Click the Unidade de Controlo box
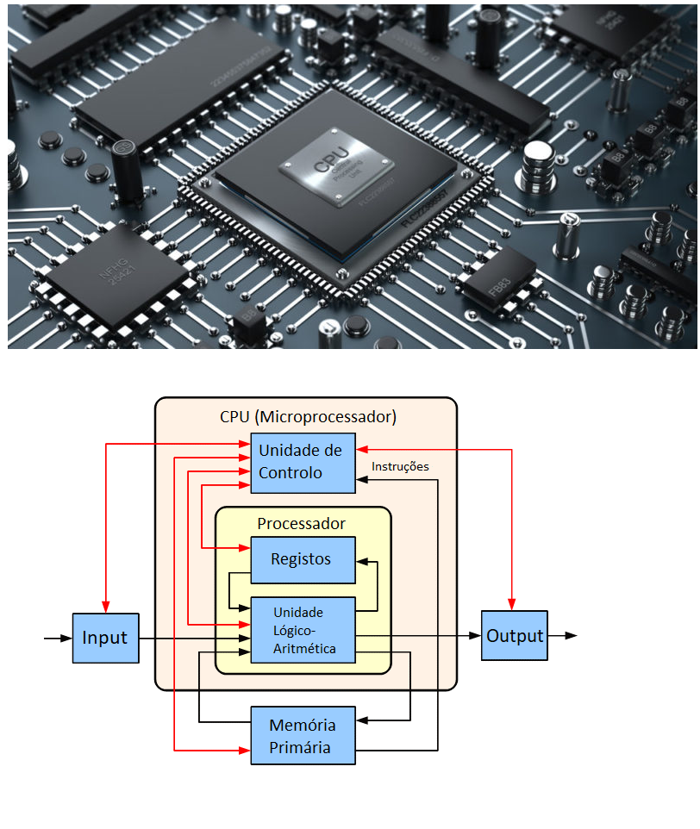coord(302,462)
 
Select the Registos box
coord(302,559)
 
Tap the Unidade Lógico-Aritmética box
coord(302,630)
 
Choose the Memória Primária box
coord(302,735)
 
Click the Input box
coord(105,639)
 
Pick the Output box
coord(514,636)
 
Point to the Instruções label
coord(400,467)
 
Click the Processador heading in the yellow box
coord(302,523)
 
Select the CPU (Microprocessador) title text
coord(308,417)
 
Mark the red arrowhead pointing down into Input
coord(105,608)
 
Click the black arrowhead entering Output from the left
coord(475,636)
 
